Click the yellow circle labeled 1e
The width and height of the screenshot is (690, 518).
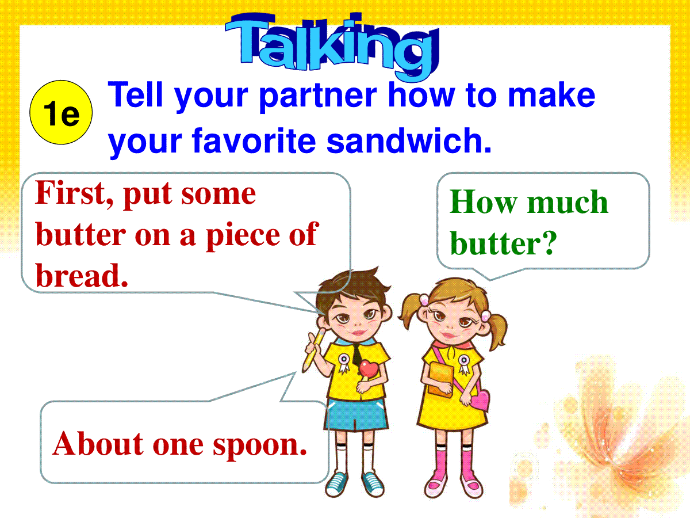(x=61, y=112)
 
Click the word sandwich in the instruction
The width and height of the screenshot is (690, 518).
(x=409, y=140)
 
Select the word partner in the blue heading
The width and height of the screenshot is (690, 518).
(x=318, y=96)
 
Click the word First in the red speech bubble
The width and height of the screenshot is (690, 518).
(x=74, y=193)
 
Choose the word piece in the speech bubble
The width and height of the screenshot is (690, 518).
(x=243, y=235)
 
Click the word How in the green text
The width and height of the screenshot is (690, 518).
(x=484, y=202)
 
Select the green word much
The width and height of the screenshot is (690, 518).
(x=568, y=202)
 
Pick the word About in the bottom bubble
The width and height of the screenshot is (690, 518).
(x=98, y=443)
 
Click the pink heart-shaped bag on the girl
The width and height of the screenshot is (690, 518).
(x=479, y=400)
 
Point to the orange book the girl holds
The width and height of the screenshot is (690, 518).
(x=440, y=380)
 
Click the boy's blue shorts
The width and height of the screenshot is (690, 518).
(x=356, y=414)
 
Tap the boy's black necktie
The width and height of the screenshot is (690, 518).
(x=357, y=354)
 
